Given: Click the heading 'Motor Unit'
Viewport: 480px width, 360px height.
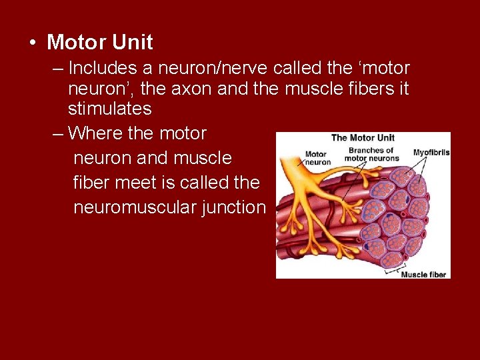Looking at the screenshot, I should [x=100, y=43].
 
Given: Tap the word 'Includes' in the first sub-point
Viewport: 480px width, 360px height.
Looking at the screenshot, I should [x=101, y=69].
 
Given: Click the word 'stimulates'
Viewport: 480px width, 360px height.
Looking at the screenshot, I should [x=109, y=109].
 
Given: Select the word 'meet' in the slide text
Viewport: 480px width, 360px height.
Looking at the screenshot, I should [x=135, y=183].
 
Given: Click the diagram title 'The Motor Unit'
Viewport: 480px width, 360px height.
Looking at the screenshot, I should [x=363, y=139].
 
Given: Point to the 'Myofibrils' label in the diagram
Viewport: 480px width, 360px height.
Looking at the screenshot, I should [x=431, y=153].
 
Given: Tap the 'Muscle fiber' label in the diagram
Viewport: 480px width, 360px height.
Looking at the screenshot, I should [x=423, y=275].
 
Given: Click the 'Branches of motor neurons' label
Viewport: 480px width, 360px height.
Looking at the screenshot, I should [x=371, y=154].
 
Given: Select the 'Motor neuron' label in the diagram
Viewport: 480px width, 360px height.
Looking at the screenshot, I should [x=318, y=158].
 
